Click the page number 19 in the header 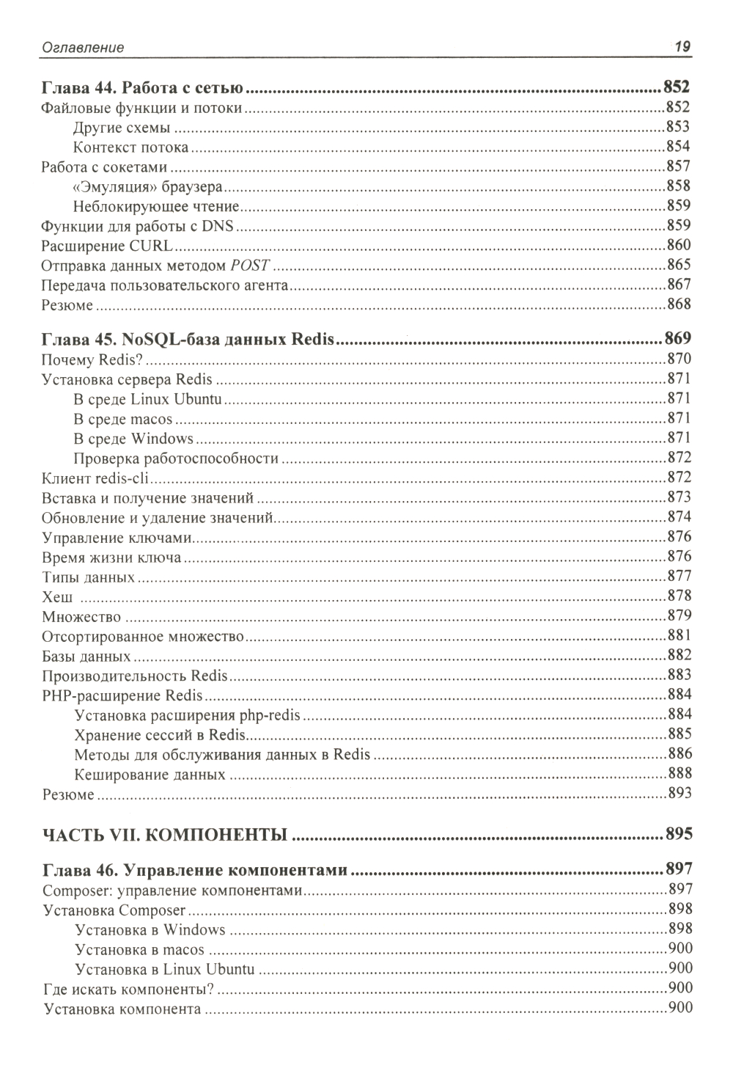pyautogui.click(x=682, y=47)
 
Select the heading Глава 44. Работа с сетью pyautogui.click(x=142, y=89)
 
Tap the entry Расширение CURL pyautogui.click(x=106, y=245)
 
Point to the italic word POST pyautogui.click(x=250, y=265)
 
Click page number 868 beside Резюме pyautogui.click(x=678, y=304)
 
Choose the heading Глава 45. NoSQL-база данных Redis pyautogui.click(x=188, y=340)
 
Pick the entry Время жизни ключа pyautogui.click(x=111, y=558)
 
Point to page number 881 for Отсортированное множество pyautogui.click(x=678, y=636)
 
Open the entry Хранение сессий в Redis pyautogui.click(x=161, y=734)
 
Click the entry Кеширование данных pyautogui.click(x=150, y=774)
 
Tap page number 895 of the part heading pyautogui.click(x=678, y=835)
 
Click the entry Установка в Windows pyautogui.click(x=150, y=930)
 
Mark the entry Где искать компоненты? pyautogui.click(x=129, y=989)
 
